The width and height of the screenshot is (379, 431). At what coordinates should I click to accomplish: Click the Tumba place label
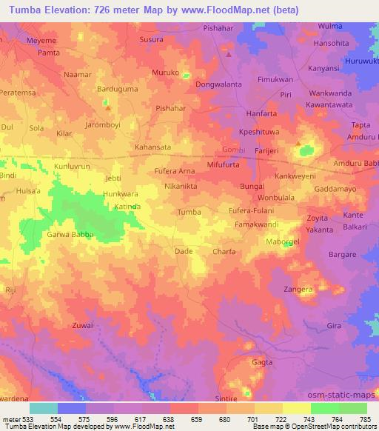coord(189,213)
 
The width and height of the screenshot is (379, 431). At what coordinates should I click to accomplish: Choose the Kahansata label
coord(152,147)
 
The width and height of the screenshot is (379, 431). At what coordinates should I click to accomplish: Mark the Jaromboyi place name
coord(102,124)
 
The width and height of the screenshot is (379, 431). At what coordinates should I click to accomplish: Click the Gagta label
coord(262,364)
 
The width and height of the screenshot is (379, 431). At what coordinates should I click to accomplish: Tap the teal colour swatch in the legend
coord(43,407)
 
